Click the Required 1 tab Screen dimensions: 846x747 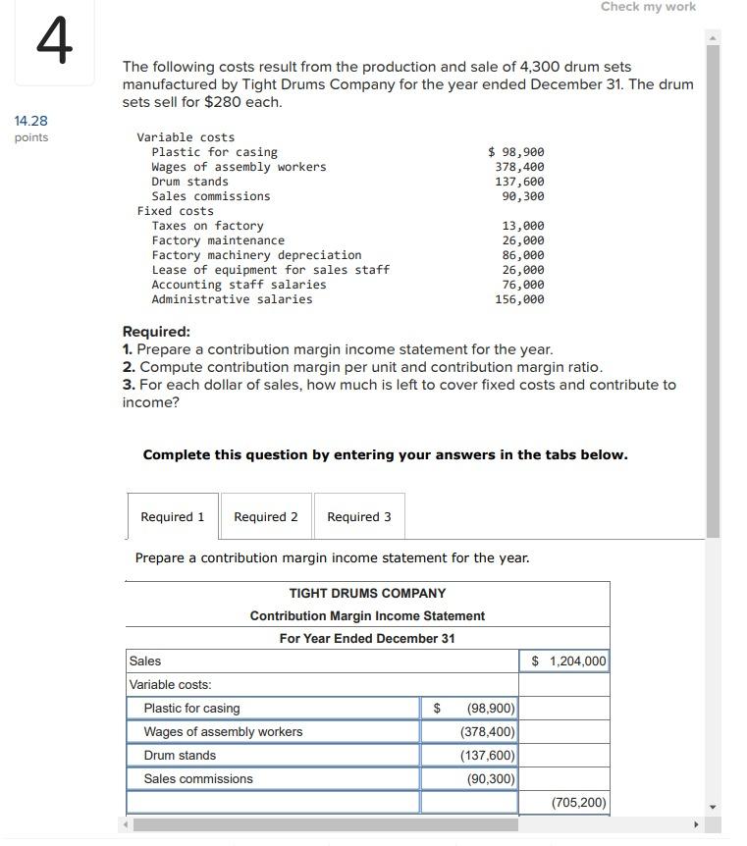(173, 517)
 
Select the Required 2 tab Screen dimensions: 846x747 (266, 517)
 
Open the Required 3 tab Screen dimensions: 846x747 (359, 517)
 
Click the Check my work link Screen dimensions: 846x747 (648, 7)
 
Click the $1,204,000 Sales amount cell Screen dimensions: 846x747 (563, 661)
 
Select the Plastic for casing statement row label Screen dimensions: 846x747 (191, 709)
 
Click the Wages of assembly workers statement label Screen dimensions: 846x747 (223, 732)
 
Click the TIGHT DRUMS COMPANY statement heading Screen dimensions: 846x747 (367, 594)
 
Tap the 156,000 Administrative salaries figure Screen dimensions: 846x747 (519, 299)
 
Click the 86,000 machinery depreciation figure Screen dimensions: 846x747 (523, 255)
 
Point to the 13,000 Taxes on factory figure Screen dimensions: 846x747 (523, 226)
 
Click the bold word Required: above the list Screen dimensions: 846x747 (156, 332)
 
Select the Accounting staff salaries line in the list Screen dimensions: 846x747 (239, 285)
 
